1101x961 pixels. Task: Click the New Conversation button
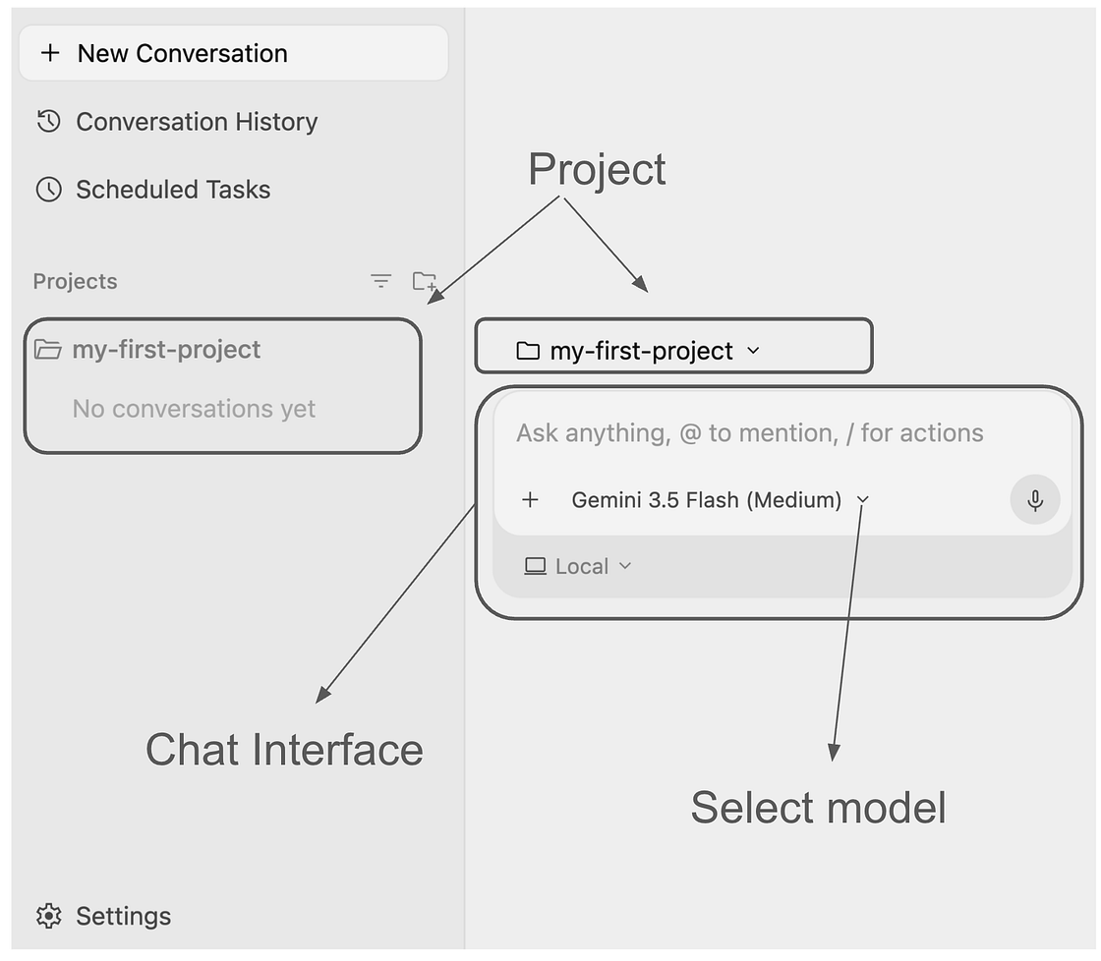(233, 53)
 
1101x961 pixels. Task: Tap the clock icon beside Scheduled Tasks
(48, 190)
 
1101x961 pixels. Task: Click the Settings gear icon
(48, 916)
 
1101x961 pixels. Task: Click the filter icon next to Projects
(380, 281)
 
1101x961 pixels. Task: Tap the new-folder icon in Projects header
(424, 281)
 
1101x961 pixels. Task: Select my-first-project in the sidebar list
(166, 350)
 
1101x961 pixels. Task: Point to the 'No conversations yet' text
(194, 409)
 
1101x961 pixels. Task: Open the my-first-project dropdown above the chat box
(638, 350)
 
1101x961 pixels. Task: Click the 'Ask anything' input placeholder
(750, 433)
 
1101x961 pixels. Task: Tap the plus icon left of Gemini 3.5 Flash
(530, 500)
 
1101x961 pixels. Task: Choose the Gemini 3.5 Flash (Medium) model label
(707, 500)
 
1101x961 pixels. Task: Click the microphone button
(1035, 500)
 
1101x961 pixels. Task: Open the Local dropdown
(578, 567)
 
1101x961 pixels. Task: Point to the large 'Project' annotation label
(597, 169)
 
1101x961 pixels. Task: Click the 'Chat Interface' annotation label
(284, 750)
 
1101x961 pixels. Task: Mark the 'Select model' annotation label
(818, 808)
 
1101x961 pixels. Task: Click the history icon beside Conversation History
(48, 122)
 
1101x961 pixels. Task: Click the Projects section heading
(75, 281)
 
